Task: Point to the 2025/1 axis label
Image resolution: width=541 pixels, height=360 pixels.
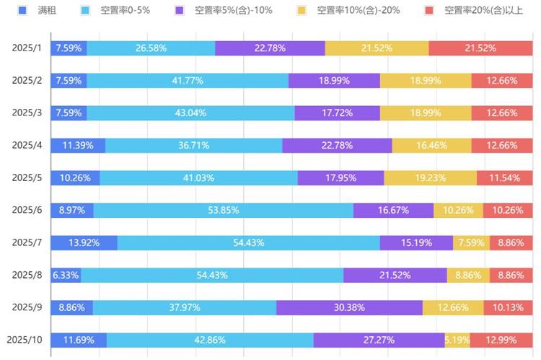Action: pyautogui.click(x=27, y=48)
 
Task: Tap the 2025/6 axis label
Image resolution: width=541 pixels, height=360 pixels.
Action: pyautogui.click(x=27, y=210)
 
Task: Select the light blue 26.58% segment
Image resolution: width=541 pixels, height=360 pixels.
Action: pyautogui.click(x=151, y=48)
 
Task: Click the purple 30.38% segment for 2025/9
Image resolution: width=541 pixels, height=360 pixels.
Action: pyautogui.click(x=349, y=307)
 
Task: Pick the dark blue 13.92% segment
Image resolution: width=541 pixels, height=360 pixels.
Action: pyautogui.click(x=84, y=242)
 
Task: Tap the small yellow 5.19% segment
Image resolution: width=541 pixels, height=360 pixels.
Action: pyautogui.click(x=457, y=340)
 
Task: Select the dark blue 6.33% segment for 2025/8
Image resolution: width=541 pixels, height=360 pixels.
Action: pyautogui.click(x=65, y=275)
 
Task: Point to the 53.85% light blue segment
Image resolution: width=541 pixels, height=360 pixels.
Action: pyautogui.click(x=223, y=210)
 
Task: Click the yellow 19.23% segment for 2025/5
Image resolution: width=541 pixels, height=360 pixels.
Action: pyautogui.click(x=430, y=177)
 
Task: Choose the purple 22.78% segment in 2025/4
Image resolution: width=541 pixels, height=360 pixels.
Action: pyautogui.click(x=337, y=145)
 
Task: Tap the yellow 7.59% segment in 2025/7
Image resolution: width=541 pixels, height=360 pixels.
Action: pyautogui.click(x=471, y=242)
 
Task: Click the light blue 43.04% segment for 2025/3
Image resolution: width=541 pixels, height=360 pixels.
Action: pyautogui.click(x=190, y=113)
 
